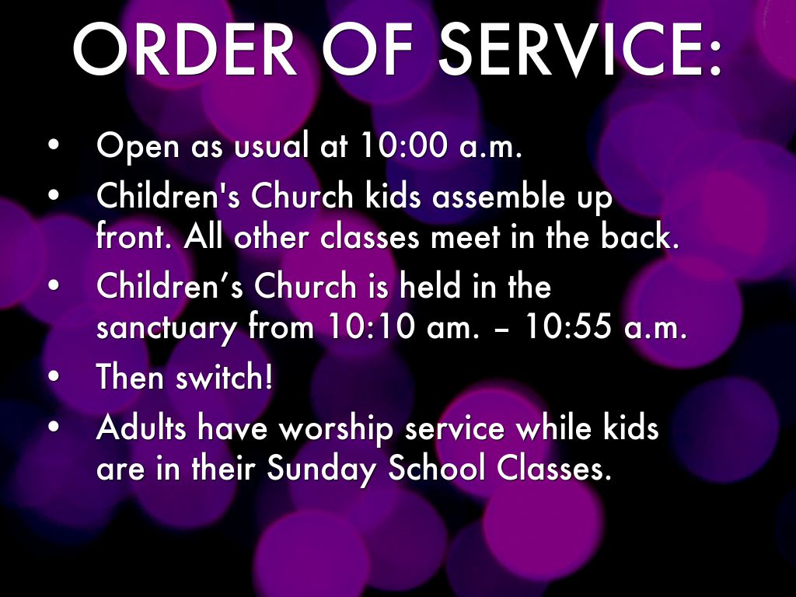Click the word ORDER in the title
tap(185, 49)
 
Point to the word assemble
tap(497, 196)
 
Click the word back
tap(640, 236)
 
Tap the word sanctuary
tap(166, 328)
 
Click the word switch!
tap(224, 376)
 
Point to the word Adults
tap(141, 427)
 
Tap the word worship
tap(337, 429)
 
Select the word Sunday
tap(323, 469)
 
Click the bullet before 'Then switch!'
tap(54, 377)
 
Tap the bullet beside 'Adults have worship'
tap(54, 428)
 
